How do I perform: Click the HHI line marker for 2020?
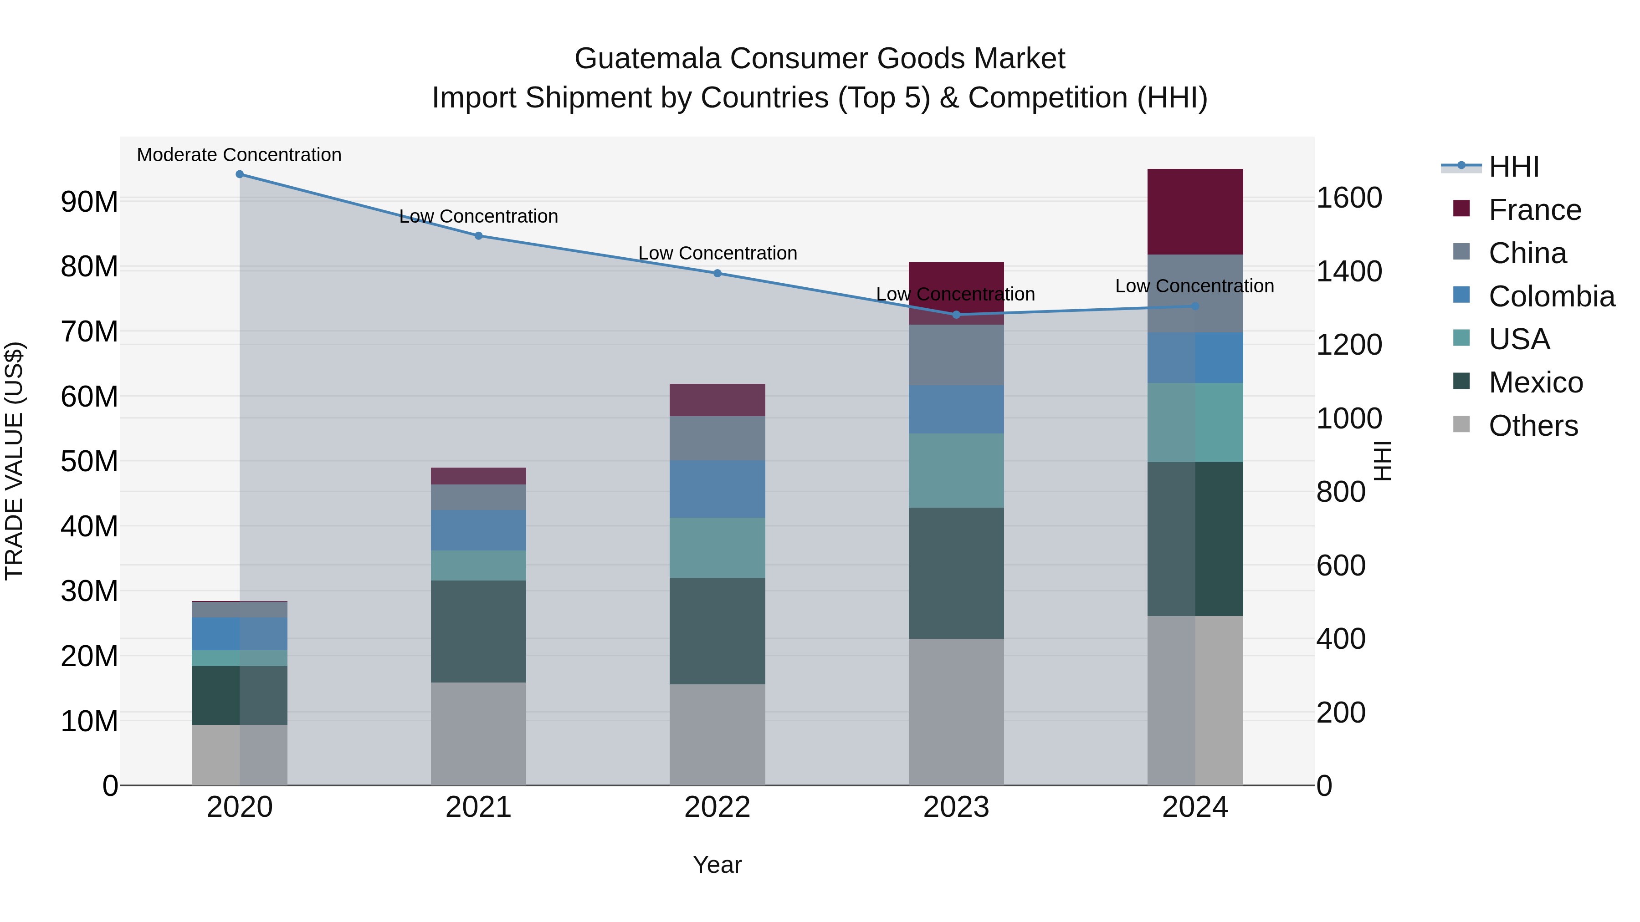pos(239,174)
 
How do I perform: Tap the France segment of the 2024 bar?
pos(1195,212)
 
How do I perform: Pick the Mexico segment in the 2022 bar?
pos(717,631)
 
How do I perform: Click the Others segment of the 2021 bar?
pos(478,734)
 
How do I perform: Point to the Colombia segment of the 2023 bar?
pos(956,409)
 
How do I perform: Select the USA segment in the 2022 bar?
pos(717,547)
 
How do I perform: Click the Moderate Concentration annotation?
pos(239,155)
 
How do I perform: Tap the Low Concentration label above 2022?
pos(717,253)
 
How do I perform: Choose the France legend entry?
pos(1534,210)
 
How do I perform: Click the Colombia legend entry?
pos(1551,296)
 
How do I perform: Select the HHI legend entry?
pos(1513,167)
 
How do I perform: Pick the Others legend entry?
pos(1533,426)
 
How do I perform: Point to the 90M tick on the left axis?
pos(89,202)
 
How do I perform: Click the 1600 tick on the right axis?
pos(1348,198)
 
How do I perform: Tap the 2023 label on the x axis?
pos(956,807)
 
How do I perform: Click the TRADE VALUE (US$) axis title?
pos(14,461)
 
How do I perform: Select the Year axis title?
pos(717,865)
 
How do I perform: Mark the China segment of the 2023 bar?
pos(956,354)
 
